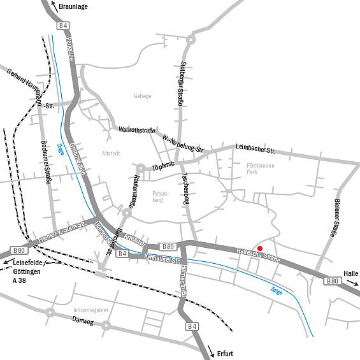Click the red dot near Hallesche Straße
tap(259, 248)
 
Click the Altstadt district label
tap(111, 154)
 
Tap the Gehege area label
tap(142, 96)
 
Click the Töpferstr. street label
tap(164, 165)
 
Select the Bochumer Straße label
tap(47, 162)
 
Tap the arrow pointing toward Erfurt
tap(212, 351)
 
